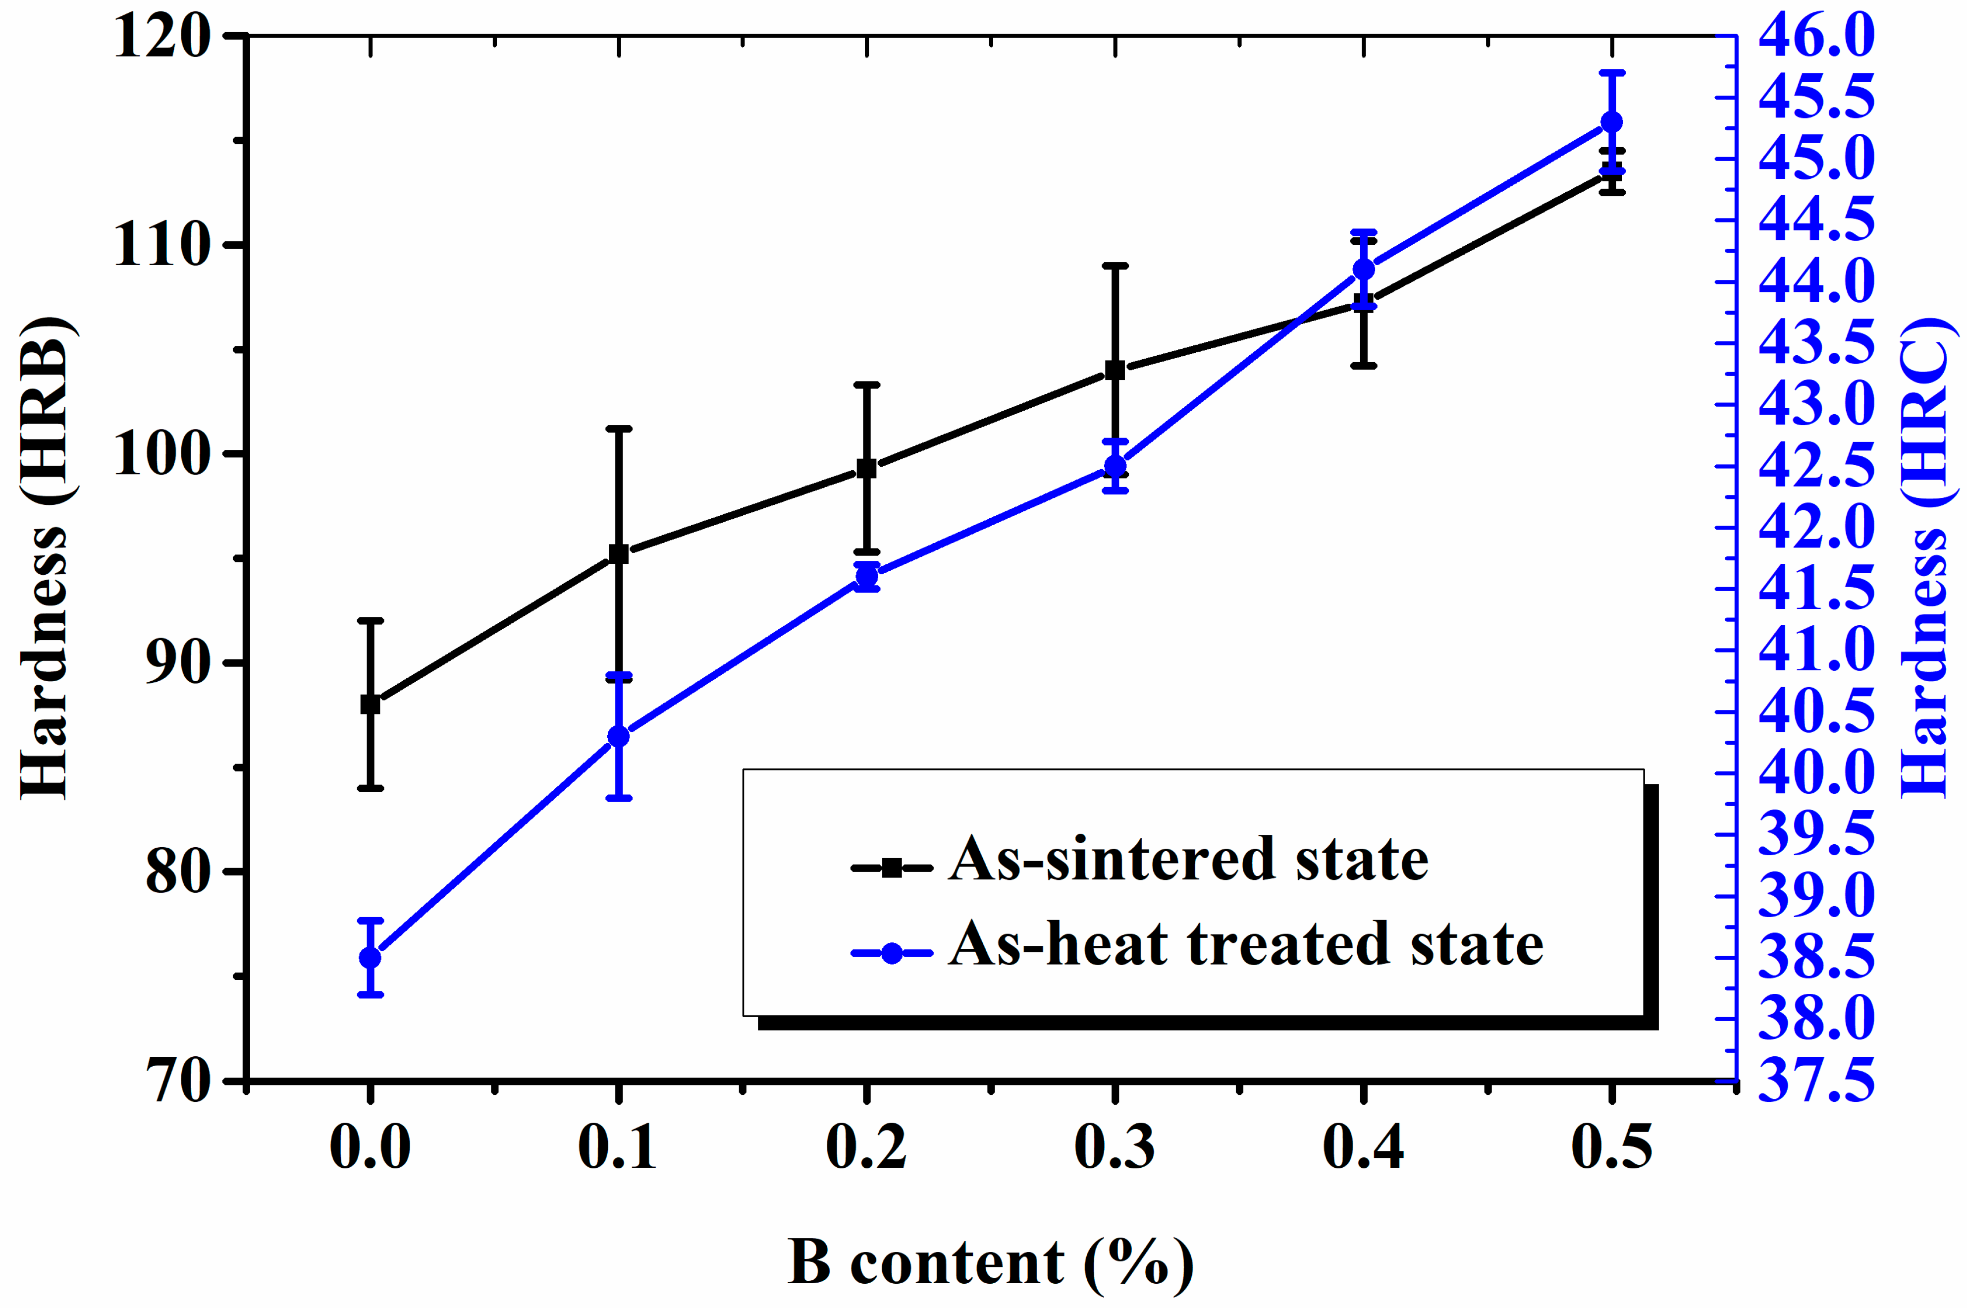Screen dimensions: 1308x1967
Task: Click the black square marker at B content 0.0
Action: pyautogui.click(x=370, y=704)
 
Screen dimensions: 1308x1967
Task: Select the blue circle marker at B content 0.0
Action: pyautogui.click(x=370, y=958)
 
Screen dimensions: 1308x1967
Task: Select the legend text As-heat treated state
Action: pyautogui.click(x=1246, y=945)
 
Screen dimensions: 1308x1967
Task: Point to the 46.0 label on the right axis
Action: pyautogui.click(x=1816, y=37)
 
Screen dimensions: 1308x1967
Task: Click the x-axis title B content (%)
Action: pyautogui.click(x=991, y=1262)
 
